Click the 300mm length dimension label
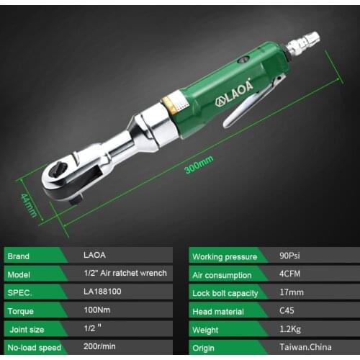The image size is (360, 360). tap(199, 166)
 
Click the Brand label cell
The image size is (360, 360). tap(21, 256)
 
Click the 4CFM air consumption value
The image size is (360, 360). tap(290, 274)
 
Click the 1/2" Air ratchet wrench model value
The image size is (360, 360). tap(125, 274)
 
